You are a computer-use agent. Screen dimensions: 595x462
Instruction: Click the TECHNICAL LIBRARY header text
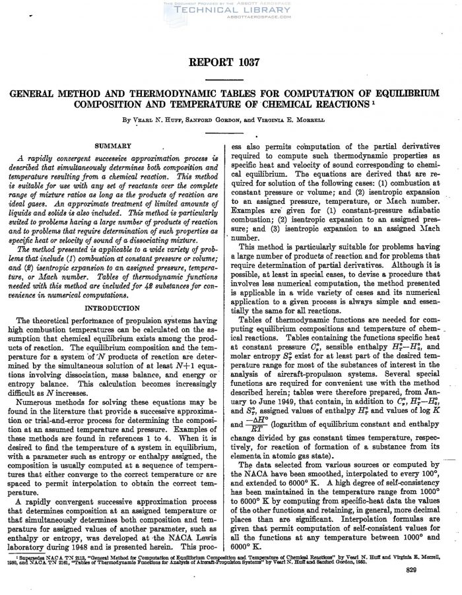pyautogui.click(x=230, y=11)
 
